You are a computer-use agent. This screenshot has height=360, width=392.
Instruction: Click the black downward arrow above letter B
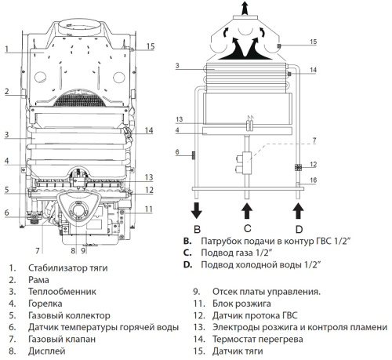(197, 210)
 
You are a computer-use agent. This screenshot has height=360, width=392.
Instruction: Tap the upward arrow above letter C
(247, 210)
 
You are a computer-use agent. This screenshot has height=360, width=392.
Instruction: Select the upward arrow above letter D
(298, 210)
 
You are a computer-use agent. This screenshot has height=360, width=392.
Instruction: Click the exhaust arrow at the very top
(245, 8)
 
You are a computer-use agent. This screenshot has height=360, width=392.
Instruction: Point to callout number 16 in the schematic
(313, 180)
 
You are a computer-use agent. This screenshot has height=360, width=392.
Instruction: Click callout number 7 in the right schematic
(314, 140)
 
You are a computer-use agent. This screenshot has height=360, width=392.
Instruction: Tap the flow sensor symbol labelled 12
(298, 167)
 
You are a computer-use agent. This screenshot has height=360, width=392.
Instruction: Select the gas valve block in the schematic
(245, 163)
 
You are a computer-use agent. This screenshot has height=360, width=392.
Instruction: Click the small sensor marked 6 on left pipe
(194, 155)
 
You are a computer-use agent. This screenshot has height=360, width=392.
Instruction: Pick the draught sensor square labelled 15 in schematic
(279, 46)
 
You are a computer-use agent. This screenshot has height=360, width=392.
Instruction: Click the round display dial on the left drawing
(78, 210)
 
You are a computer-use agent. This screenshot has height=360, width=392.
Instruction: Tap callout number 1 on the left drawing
(7, 49)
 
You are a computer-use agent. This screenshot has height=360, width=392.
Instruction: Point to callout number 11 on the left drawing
(148, 209)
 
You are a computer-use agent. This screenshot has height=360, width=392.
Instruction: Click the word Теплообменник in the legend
(62, 292)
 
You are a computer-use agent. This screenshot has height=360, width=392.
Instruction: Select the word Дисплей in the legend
(47, 351)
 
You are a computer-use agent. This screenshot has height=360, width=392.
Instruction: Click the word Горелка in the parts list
(45, 304)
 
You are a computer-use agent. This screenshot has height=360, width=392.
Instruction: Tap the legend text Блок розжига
(241, 304)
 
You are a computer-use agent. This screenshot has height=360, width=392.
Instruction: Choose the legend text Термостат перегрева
(258, 340)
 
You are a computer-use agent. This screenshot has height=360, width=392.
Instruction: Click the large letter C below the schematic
(247, 228)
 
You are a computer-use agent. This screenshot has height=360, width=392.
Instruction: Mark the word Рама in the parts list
(38, 280)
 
